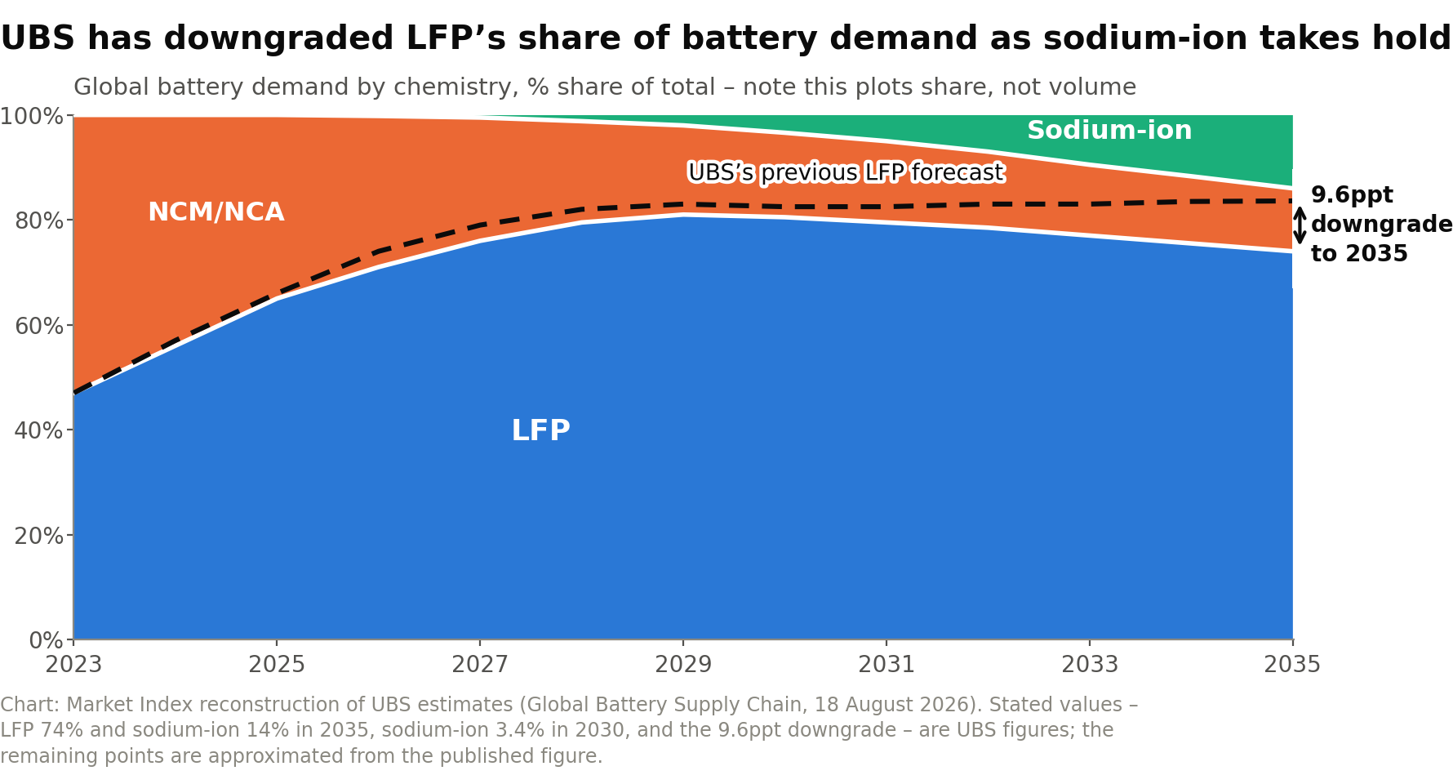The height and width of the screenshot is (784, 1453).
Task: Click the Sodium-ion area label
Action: point(1109,131)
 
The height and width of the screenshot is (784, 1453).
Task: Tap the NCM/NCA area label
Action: point(216,212)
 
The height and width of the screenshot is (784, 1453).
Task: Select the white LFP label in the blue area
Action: point(540,430)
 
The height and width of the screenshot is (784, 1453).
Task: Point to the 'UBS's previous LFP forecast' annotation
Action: point(846,173)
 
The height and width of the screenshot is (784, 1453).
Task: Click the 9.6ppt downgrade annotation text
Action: point(1381,225)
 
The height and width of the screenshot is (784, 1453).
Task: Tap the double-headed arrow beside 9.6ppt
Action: point(1300,225)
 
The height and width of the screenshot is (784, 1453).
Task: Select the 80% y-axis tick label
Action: point(39,221)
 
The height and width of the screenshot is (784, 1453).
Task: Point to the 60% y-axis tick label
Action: point(39,326)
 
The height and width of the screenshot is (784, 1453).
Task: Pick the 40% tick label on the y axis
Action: point(39,430)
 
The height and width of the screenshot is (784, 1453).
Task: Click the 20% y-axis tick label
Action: point(39,536)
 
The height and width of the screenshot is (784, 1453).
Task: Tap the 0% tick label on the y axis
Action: point(47,640)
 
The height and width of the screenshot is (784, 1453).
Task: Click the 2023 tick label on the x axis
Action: point(73,665)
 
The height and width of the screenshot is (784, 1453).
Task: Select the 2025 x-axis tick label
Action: point(277,665)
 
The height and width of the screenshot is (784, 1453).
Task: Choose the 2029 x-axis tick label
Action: point(683,665)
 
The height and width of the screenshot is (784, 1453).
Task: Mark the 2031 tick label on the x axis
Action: point(886,665)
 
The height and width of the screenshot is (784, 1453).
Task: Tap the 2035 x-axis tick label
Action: point(1292,665)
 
